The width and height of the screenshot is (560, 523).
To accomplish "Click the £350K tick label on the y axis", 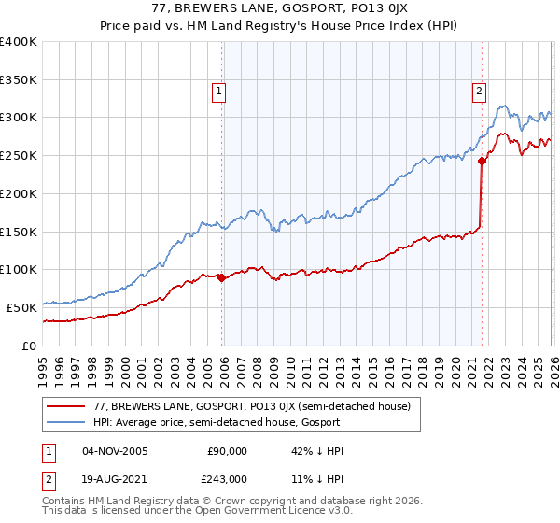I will point(19,80).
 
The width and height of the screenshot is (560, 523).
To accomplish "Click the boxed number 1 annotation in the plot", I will point(217,92).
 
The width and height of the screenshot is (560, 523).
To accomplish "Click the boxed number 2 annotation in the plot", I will point(478,92).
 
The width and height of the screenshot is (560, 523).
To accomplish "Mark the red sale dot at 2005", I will point(221,277).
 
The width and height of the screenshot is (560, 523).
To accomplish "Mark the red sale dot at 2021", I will point(482,161).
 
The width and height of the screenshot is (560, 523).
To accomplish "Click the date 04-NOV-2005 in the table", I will point(115,451).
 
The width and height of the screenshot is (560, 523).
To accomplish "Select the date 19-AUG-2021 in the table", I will point(115,478).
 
